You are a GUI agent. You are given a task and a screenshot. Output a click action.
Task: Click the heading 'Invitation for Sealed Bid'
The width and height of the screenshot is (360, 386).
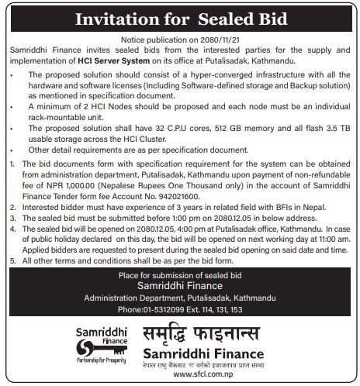179,19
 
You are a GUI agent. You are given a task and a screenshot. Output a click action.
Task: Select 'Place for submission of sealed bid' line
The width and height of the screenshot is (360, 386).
180,276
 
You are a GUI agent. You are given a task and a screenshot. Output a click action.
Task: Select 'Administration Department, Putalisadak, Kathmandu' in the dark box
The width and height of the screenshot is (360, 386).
180,298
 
